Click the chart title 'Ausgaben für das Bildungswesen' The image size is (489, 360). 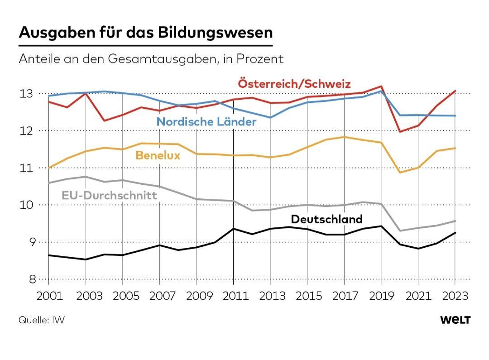coord(146,34)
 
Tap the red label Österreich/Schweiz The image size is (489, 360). coord(294,84)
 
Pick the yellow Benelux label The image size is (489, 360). coord(158,155)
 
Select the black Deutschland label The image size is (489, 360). coord(326,219)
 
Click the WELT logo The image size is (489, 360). coord(455,320)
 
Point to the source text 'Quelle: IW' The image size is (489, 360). coord(42,320)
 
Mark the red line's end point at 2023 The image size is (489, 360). coord(455,91)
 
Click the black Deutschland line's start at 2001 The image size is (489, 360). coord(48,255)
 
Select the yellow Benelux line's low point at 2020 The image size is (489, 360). coord(400,173)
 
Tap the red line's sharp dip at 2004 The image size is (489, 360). coord(105,120)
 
